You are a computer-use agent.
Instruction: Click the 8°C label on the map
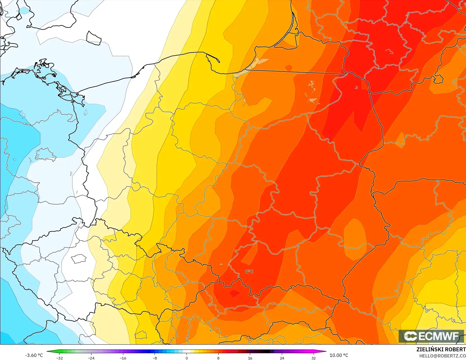click(x=249, y=271)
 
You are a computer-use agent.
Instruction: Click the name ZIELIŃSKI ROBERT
click(x=441, y=349)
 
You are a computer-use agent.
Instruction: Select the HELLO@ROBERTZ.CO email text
click(x=442, y=356)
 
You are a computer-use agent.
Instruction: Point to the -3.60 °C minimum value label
click(x=34, y=355)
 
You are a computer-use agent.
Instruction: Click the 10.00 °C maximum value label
click(x=339, y=355)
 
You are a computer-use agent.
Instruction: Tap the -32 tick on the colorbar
click(x=60, y=358)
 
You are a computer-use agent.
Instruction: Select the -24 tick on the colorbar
click(x=91, y=358)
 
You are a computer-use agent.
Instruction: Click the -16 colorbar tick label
click(x=123, y=358)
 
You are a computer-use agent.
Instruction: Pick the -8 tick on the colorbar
click(x=155, y=358)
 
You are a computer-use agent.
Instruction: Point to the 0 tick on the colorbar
click(x=187, y=358)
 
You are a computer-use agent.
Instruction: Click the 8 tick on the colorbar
click(x=218, y=358)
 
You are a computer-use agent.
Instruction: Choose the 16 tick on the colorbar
click(x=250, y=358)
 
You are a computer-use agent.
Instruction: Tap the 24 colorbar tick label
click(x=282, y=358)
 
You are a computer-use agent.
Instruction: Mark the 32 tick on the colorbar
click(x=314, y=358)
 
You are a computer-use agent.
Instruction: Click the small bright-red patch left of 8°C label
click(x=234, y=293)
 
